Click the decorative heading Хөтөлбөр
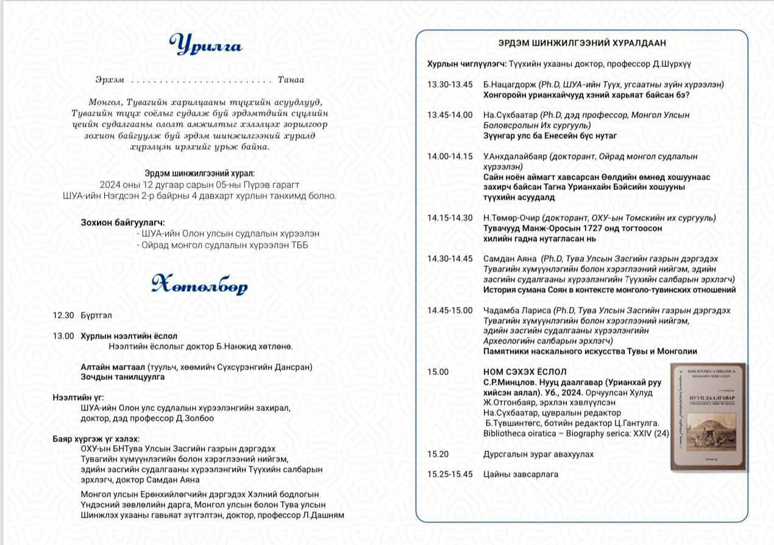(x=200, y=284)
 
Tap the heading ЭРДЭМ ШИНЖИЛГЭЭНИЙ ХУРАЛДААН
(x=582, y=43)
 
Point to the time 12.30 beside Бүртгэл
(x=63, y=315)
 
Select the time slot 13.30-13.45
(x=450, y=85)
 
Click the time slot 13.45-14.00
(x=450, y=115)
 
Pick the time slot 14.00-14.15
(x=450, y=156)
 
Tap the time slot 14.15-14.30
(x=450, y=218)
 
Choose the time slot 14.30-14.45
(x=450, y=259)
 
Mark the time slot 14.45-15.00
(x=450, y=311)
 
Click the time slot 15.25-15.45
(x=450, y=474)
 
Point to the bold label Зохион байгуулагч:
(x=122, y=223)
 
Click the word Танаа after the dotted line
(x=291, y=80)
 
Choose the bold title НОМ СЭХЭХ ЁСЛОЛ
(x=525, y=371)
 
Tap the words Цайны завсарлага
(x=520, y=474)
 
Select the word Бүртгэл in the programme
(x=96, y=315)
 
